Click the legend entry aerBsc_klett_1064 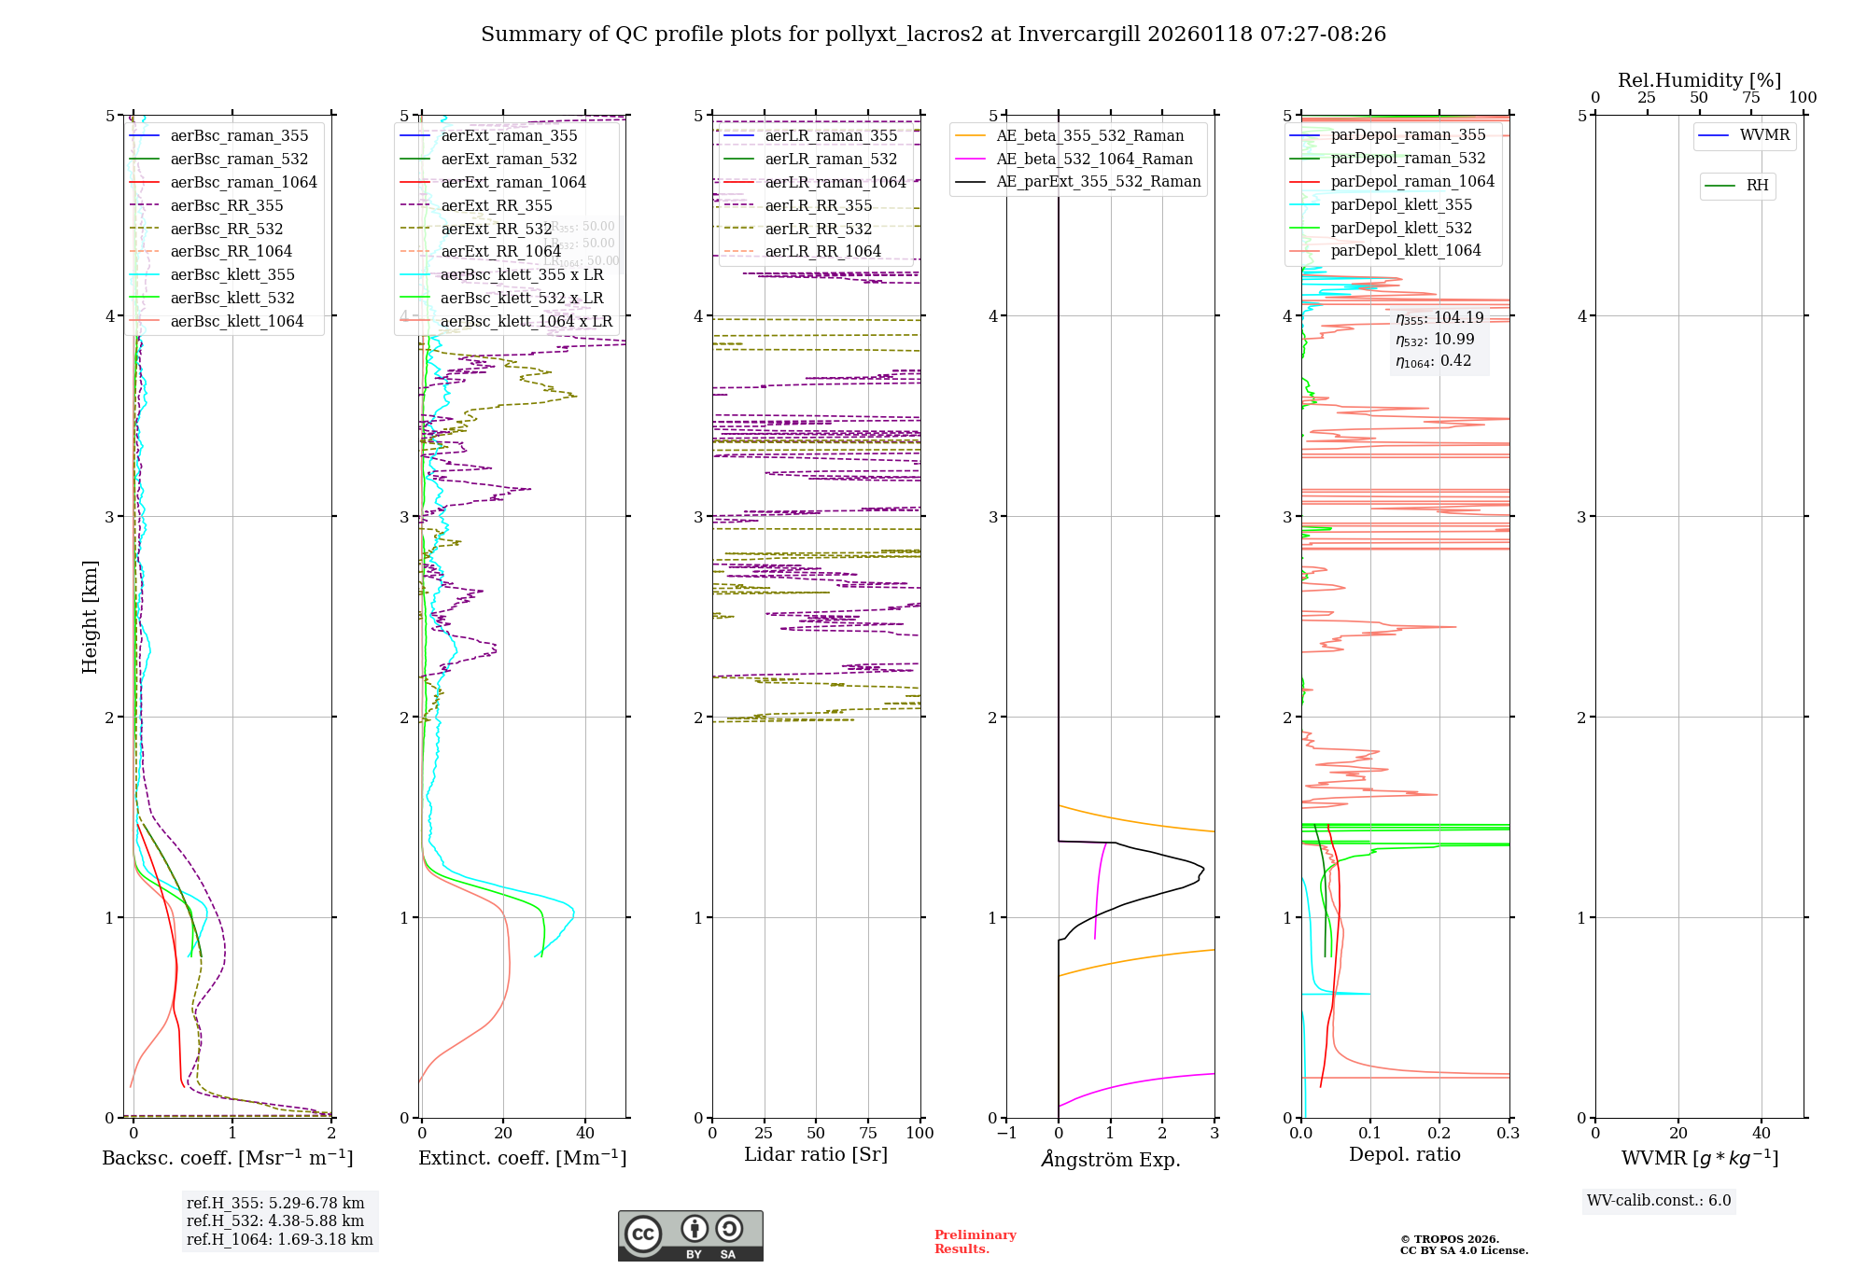pyautogui.click(x=236, y=322)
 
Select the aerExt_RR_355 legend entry pyautogui.click(x=496, y=206)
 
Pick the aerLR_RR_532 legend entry pyautogui.click(x=818, y=230)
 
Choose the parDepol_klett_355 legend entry pyautogui.click(x=1400, y=205)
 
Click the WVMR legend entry pyautogui.click(x=1763, y=135)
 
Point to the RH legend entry pyautogui.click(x=1757, y=186)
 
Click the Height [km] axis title pyautogui.click(x=90, y=616)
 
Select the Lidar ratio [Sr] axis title pyautogui.click(x=815, y=1155)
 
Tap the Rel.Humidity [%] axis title pyautogui.click(x=1699, y=80)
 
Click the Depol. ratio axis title pyautogui.click(x=1404, y=1155)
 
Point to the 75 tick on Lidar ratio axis pyautogui.click(x=868, y=1134)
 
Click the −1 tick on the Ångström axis pyautogui.click(x=1006, y=1134)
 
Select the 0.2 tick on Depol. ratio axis pyautogui.click(x=1439, y=1134)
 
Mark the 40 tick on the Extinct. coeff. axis pyautogui.click(x=585, y=1134)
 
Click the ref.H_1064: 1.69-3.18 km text pyautogui.click(x=279, y=1240)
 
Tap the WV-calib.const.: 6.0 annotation pyautogui.click(x=1659, y=1201)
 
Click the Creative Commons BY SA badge pyautogui.click(x=690, y=1236)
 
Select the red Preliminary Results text pyautogui.click(x=975, y=1242)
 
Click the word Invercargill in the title pyautogui.click(x=1080, y=35)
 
